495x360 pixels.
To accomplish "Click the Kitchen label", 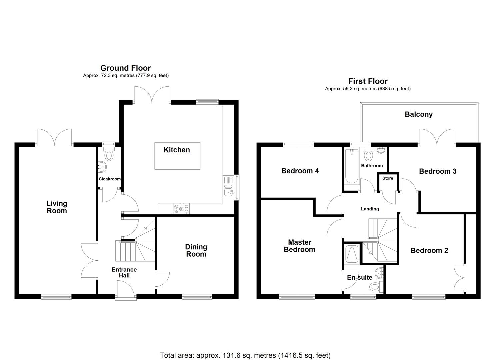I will click(x=177, y=150).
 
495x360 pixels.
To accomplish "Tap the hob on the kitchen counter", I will click(x=181, y=209).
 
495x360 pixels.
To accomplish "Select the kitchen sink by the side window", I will click(x=229, y=191).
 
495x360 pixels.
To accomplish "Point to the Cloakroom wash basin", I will click(x=102, y=166).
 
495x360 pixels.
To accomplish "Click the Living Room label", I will click(x=57, y=207).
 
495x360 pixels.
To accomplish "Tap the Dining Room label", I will click(x=196, y=250).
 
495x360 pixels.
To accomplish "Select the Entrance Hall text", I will click(x=124, y=273).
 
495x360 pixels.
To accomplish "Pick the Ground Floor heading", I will click(x=126, y=68).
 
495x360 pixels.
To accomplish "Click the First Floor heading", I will click(x=368, y=81).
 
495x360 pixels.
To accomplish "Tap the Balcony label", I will click(x=419, y=114).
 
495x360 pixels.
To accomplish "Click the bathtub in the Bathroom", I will click(x=352, y=167).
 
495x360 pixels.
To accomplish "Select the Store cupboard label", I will click(x=388, y=178).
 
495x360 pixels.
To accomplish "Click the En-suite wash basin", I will click(x=380, y=273).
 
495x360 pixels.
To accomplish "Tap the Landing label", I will click(x=370, y=209).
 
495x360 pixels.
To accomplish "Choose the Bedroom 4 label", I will click(x=300, y=171).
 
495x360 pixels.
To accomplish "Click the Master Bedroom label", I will click(x=299, y=246).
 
